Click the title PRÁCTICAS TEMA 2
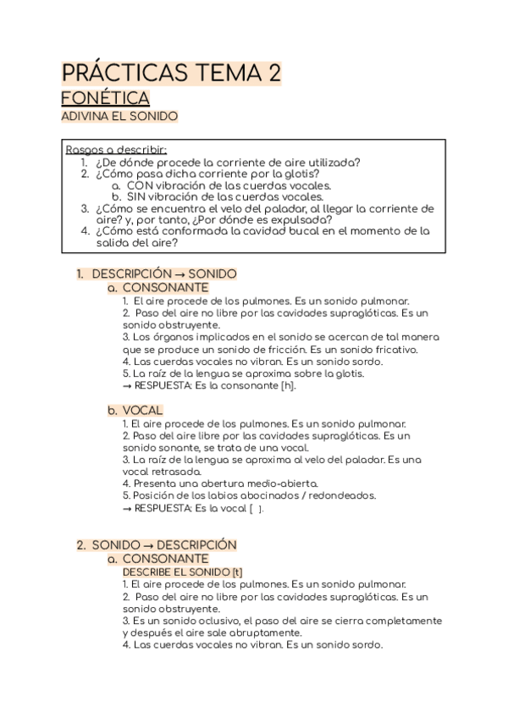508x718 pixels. point(172,75)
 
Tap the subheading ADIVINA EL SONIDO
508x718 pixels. point(119,117)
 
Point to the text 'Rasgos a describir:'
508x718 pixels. point(116,150)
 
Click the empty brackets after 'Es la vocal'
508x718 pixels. point(256,508)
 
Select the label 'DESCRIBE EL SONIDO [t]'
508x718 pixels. point(182,572)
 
